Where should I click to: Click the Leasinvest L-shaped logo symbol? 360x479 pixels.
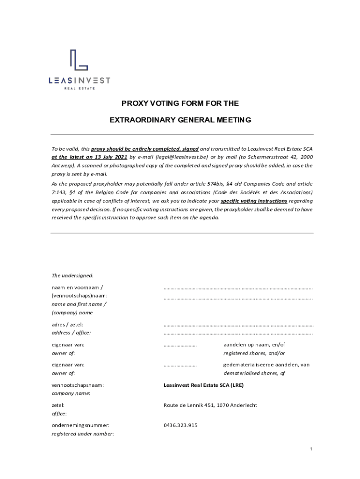(x=79, y=61)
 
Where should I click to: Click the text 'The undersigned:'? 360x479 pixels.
(x=72, y=275)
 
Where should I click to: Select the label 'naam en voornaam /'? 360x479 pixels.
(x=77, y=287)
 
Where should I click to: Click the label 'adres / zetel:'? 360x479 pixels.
(x=67, y=324)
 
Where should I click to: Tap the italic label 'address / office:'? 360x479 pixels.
(x=71, y=333)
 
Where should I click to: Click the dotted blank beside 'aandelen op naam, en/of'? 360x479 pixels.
(x=180, y=345)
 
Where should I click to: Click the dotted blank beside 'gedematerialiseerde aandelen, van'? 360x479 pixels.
(x=180, y=365)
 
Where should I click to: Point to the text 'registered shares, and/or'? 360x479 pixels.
(x=254, y=353)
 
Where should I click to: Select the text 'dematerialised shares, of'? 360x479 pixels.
(x=254, y=373)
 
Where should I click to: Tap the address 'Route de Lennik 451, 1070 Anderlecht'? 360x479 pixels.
(x=210, y=405)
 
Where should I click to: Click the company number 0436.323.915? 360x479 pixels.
(x=180, y=425)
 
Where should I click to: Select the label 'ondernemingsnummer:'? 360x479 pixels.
(x=80, y=425)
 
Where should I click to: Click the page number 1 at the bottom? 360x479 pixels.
(x=310, y=450)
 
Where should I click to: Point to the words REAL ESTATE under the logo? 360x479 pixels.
(x=79, y=89)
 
